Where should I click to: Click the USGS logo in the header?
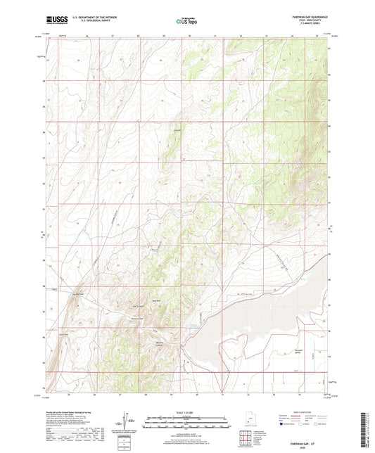point(54,20)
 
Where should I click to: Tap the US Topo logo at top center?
point(186,21)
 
